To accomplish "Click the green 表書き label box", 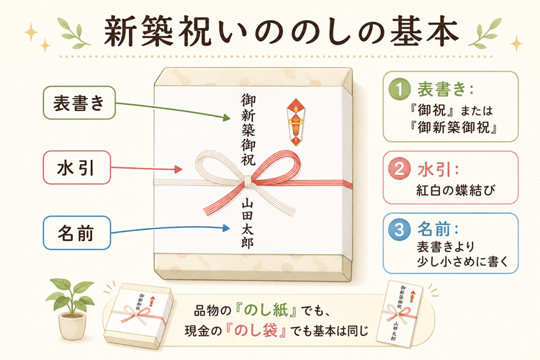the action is tap(79, 103).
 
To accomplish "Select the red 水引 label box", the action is tap(77, 168).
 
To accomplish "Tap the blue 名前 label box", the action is tap(77, 233).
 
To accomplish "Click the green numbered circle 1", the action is tap(399, 89).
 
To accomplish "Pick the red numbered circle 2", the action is tap(399, 168).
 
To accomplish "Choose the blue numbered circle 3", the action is tap(399, 229).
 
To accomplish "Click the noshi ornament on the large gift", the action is tap(296, 122).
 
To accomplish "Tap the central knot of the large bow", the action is tap(247, 181).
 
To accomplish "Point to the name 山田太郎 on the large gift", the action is tap(247, 223).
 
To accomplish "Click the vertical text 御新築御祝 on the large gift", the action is tap(248, 130).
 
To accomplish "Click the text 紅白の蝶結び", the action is tap(456, 190).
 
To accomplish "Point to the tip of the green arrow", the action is tap(230, 119).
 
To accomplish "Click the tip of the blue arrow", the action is tap(230, 228).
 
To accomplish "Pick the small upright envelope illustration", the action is tap(400, 313).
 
